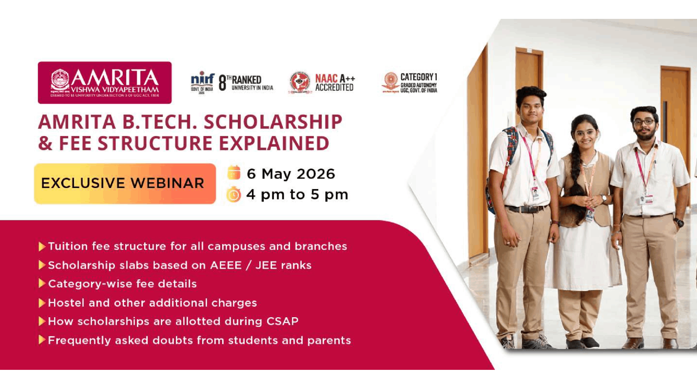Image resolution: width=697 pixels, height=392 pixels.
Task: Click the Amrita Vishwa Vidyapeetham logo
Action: coord(105,82)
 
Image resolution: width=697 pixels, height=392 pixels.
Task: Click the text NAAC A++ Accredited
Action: coord(334,83)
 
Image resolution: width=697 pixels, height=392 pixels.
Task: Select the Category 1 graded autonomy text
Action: coord(419,83)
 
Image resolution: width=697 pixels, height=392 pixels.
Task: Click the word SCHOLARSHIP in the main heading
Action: coord(273,122)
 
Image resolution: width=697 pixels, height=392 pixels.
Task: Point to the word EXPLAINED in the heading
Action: coord(274,143)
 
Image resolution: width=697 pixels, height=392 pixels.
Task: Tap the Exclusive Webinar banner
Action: coord(125,183)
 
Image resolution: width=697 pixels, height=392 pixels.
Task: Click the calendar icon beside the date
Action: coord(234,173)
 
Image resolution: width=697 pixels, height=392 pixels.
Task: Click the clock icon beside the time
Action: coord(234,195)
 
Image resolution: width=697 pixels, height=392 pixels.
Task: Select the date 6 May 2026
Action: coord(291,174)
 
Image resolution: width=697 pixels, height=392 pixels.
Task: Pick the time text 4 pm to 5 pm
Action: coord(297,195)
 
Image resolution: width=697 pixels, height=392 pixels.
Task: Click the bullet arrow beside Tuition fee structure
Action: coord(42,247)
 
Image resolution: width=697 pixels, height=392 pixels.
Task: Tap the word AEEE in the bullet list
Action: coord(226,265)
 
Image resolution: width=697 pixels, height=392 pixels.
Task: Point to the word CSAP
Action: coord(282,321)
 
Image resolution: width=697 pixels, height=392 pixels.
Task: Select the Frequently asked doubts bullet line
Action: coord(199,340)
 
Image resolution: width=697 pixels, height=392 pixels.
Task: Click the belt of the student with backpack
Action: coord(526,209)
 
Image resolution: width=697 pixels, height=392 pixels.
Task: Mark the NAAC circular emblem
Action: coord(300,82)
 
